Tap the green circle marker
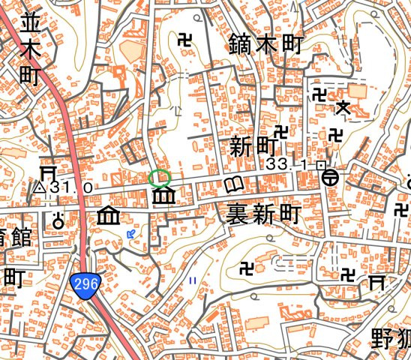[x=159, y=178]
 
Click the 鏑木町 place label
[x=265, y=44]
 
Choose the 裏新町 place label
[x=262, y=215]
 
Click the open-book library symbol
[x=235, y=184]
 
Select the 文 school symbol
[x=343, y=108]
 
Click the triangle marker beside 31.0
[x=40, y=187]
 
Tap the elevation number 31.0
[x=72, y=187]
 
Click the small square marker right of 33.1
[x=320, y=163]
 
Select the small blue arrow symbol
[x=132, y=235]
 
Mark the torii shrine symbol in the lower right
[x=376, y=281]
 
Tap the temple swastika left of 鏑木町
[x=184, y=39]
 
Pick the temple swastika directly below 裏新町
[x=245, y=266]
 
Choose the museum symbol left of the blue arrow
[x=109, y=217]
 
